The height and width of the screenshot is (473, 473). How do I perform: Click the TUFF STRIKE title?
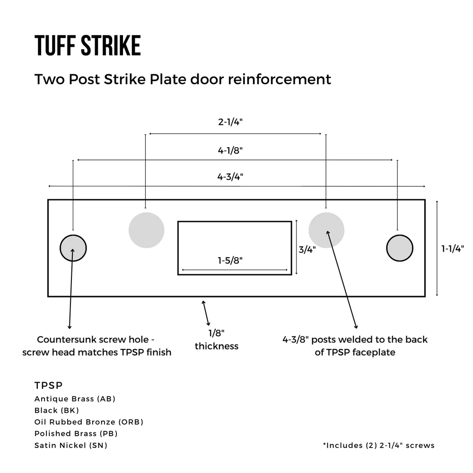coord(88,45)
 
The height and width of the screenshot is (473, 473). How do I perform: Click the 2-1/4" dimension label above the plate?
coord(230,122)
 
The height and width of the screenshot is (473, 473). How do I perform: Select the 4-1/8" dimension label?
coord(230,150)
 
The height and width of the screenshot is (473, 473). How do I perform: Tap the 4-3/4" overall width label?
coord(230,176)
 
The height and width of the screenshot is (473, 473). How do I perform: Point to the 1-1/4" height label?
coord(453,249)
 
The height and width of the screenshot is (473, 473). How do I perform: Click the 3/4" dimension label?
coord(307,249)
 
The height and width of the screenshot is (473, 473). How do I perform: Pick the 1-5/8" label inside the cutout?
coord(230,260)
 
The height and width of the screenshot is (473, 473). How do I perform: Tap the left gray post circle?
coord(146,230)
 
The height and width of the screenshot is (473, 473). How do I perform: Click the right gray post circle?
coord(326,230)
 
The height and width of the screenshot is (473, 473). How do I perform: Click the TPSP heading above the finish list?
coord(49,385)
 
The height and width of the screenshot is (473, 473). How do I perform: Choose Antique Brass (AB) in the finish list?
coord(75,399)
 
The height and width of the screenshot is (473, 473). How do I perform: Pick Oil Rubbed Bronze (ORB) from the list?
coord(89,422)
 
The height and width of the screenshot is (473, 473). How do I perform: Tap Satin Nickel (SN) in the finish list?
coord(71,445)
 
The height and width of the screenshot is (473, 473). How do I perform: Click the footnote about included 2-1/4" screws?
coord(378,445)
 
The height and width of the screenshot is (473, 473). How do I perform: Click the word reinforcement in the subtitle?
coord(280,79)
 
